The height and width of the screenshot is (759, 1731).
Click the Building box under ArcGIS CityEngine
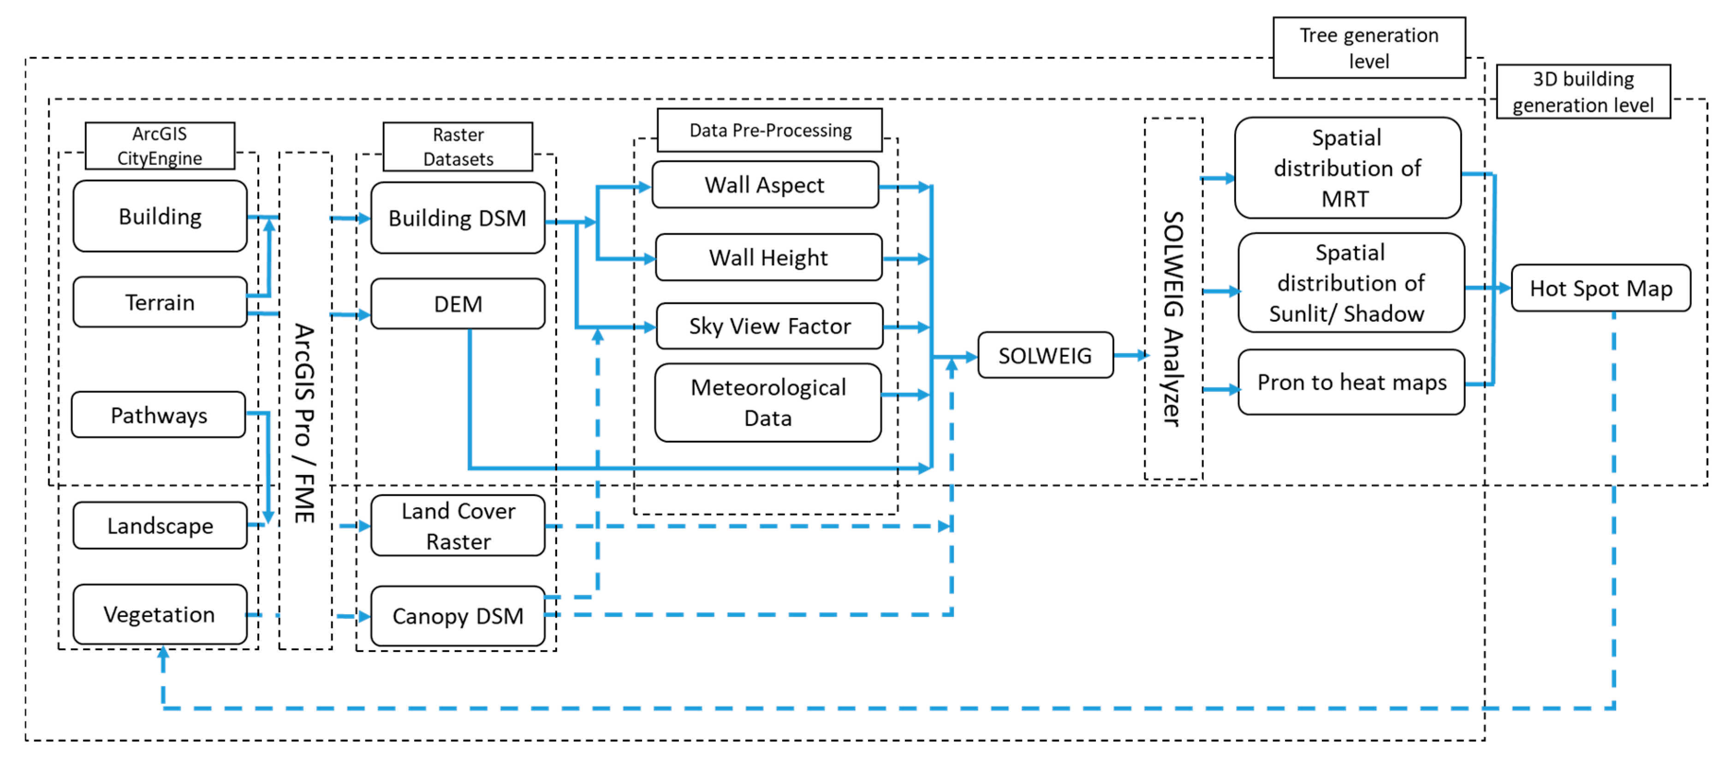click(x=160, y=216)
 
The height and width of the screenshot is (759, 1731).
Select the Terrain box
click(x=160, y=302)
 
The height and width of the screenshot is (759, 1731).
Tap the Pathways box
click(x=159, y=415)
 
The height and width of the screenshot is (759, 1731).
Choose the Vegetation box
click(x=160, y=614)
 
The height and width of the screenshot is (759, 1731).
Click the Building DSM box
click(x=458, y=218)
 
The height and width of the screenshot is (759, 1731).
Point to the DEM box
click(x=458, y=303)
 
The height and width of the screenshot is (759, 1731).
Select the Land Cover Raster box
click(x=458, y=526)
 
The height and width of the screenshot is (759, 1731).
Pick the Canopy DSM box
click(x=458, y=616)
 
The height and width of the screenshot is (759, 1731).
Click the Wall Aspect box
click(x=765, y=185)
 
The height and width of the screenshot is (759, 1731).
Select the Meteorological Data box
click(x=767, y=403)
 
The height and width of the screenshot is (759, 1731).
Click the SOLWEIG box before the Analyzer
click(x=1045, y=356)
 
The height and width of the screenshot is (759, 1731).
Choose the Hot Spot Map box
click(x=1600, y=288)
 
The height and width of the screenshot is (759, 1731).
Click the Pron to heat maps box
click(x=1351, y=382)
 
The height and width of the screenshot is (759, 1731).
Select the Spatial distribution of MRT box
click(x=1347, y=168)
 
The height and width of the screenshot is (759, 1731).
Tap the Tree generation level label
click(x=1369, y=47)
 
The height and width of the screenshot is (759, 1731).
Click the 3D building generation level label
click(x=1582, y=92)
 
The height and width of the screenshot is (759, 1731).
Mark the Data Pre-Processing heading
click(x=770, y=130)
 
